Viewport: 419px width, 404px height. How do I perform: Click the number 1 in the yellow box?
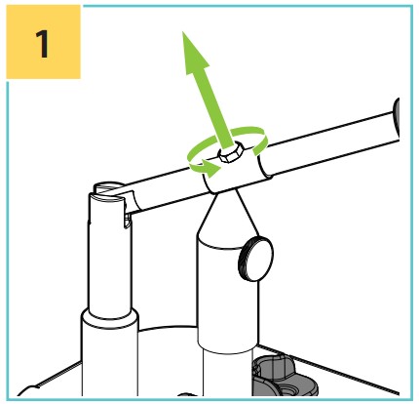tap(42, 44)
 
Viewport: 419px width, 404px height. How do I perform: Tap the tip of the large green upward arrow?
tap(183, 32)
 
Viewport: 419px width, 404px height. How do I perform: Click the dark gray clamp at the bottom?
tap(284, 377)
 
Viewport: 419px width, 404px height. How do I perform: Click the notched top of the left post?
tap(107, 192)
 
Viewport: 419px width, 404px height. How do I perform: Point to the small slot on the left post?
tap(128, 222)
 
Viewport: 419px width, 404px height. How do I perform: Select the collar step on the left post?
tap(110, 317)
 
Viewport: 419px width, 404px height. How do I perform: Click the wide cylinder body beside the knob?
tap(227, 293)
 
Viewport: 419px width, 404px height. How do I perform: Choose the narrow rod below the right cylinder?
tap(227, 373)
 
